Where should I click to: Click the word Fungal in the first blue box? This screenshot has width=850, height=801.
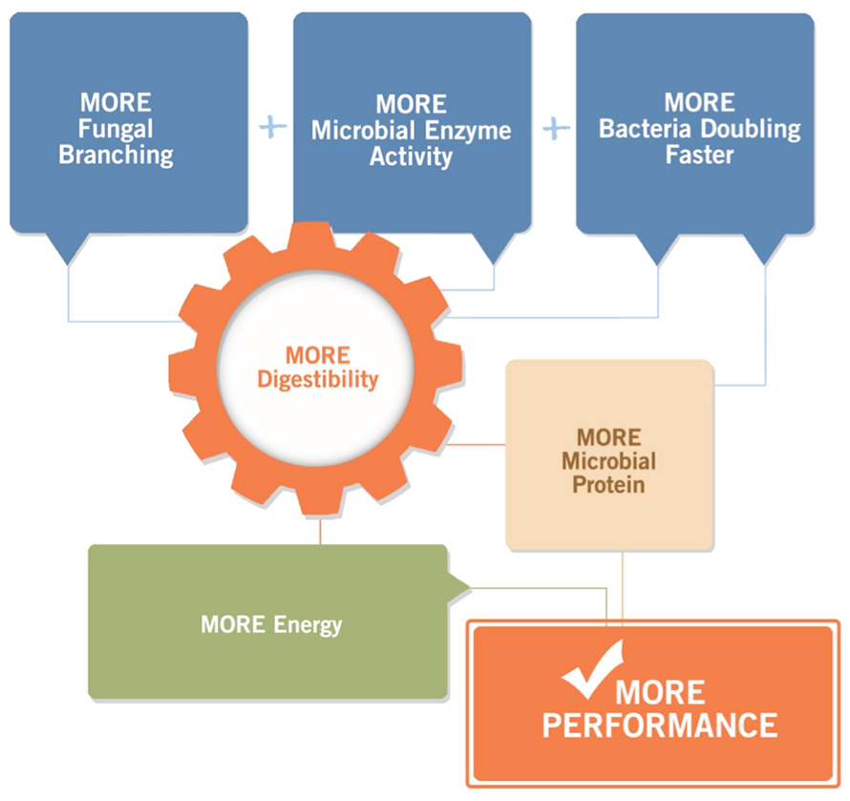[x=116, y=129]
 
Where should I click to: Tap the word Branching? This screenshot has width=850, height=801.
[x=116, y=156]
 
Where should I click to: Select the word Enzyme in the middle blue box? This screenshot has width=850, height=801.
[x=468, y=131]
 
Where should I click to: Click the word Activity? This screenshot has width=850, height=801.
[x=411, y=158]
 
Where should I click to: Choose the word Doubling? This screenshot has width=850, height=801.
[x=751, y=130]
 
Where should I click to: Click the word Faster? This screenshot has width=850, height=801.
[x=699, y=155]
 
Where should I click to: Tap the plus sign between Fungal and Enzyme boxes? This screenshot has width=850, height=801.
[x=273, y=127]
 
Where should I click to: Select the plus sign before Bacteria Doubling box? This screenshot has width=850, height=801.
[x=556, y=129]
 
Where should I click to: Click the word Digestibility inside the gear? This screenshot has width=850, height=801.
[x=318, y=379]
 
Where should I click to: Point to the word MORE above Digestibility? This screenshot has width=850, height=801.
[x=318, y=355]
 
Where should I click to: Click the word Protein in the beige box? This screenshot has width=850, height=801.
[x=608, y=485]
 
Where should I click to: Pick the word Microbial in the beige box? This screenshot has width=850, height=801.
[x=608, y=461]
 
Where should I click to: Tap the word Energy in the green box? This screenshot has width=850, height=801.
[x=308, y=625]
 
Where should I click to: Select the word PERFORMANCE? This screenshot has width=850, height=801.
[x=660, y=726]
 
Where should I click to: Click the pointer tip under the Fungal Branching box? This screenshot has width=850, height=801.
[x=68, y=265]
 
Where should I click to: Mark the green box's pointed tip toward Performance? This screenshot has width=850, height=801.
[x=470, y=587]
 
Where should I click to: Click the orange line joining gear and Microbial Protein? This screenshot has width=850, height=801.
[x=476, y=444]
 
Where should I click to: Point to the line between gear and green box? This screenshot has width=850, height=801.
[x=320, y=531]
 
